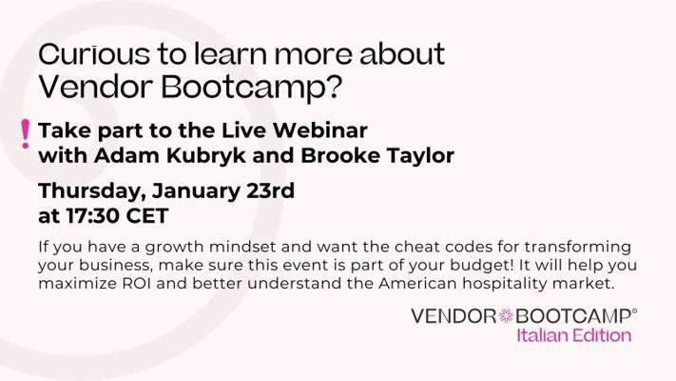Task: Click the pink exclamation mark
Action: pos(26,134)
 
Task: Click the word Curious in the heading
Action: pos(94,54)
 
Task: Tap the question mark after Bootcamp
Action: pos(332,87)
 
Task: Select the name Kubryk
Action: pos(206,155)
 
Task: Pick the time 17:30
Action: pos(92,216)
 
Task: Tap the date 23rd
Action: pos(270,190)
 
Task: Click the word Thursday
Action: pos(92,191)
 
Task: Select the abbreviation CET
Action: pos(147,216)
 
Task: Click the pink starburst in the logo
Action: pos(506,316)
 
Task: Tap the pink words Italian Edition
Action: pos(574,335)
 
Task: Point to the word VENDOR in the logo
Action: pos(454,316)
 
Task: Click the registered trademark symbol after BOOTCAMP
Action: pos(634,311)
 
